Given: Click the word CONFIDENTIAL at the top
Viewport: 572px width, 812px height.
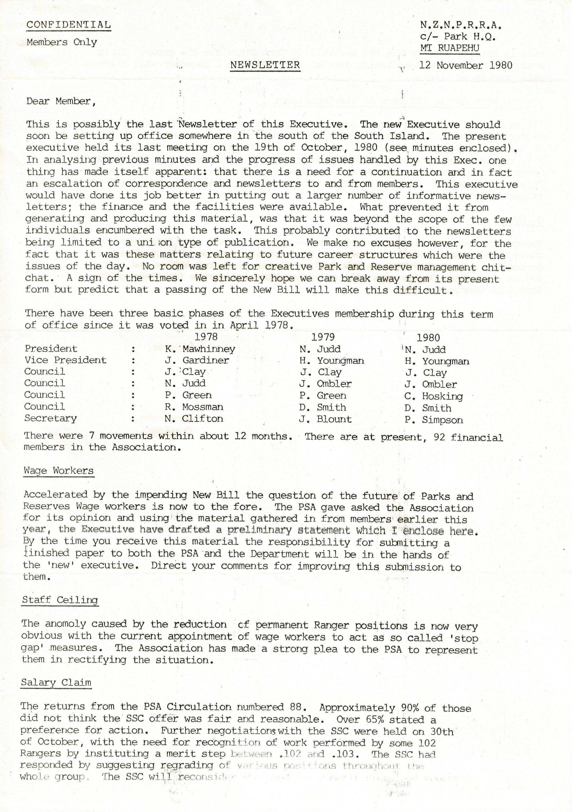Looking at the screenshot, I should (x=69, y=25).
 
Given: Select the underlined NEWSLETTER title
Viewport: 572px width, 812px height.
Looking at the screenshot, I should (x=265, y=65).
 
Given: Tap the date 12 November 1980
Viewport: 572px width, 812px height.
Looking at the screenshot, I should (x=466, y=66).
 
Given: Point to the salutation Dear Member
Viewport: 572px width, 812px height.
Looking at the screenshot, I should (x=61, y=102).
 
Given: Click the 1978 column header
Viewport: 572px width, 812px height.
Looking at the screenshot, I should (x=206, y=337).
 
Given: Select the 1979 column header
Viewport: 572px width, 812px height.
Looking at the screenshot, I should (x=323, y=337).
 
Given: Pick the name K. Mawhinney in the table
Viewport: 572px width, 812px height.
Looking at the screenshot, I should (x=200, y=349).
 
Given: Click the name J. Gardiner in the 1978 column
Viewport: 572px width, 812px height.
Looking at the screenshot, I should (x=197, y=361).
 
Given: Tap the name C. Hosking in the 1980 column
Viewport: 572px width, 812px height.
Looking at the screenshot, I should (x=434, y=396).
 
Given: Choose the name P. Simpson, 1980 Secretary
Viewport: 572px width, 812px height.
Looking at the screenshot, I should (x=434, y=420).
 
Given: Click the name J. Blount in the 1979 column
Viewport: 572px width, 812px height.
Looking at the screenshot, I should (x=325, y=419).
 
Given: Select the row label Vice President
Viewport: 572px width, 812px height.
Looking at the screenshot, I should (x=65, y=360).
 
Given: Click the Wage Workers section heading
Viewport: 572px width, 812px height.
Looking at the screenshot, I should (x=59, y=471).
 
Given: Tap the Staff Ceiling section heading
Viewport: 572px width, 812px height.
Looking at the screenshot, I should (x=60, y=600).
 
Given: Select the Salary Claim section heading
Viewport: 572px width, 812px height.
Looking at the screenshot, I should (x=56, y=683).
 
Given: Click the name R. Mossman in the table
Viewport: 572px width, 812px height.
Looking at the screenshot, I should (x=194, y=407).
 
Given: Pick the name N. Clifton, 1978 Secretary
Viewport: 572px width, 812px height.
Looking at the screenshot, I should (x=194, y=419).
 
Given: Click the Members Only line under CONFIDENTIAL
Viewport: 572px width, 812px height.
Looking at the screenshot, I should (x=62, y=42).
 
